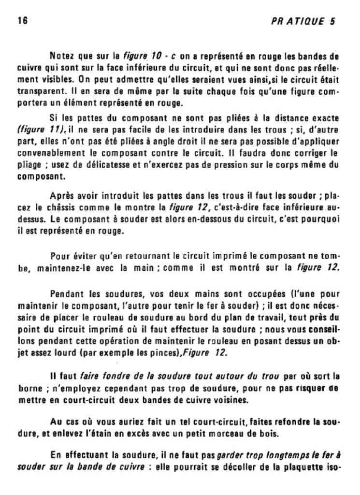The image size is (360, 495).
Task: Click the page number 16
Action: click(x=22, y=21)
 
